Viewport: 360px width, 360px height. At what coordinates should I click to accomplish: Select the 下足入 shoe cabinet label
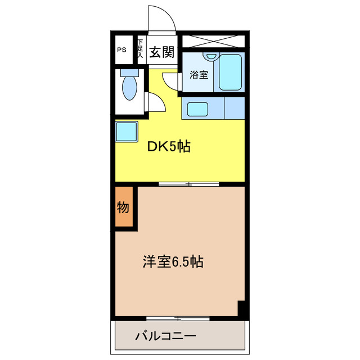click(x=140, y=49)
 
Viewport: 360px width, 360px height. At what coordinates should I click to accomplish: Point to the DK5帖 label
click(x=168, y=147)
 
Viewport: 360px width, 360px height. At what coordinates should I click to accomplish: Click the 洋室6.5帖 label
click(x=173, y=262)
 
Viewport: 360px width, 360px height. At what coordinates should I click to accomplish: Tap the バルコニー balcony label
click(x=165, y=337)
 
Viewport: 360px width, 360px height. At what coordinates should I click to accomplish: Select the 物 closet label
click(x=124, y=208)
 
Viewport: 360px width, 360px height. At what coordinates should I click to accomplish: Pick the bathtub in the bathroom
click(x=231, y=71)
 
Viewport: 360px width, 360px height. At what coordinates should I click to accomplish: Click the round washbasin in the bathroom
click(x=211, y=56)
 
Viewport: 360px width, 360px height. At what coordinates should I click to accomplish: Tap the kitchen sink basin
click(x=197, y=108)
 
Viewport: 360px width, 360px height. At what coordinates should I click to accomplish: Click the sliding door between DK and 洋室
click(x=188, y=183)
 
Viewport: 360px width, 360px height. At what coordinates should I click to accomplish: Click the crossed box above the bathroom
click(x=213, y=41)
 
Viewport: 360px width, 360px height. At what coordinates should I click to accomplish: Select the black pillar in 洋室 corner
click(x=242, y=308)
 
